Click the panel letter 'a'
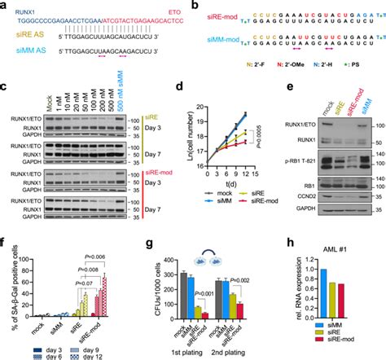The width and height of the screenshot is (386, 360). [5, 6]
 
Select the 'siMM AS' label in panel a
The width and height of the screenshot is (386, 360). [23, 56]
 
